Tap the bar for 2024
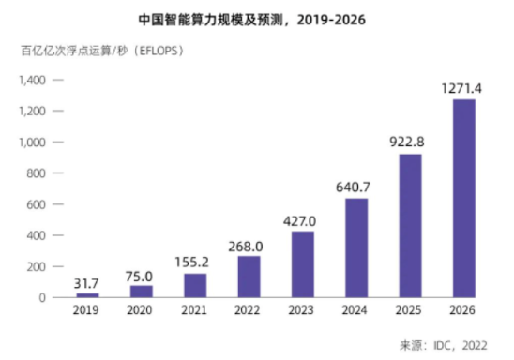pos(355,247)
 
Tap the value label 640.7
pos(355,187)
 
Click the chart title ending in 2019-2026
pos(258,18)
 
